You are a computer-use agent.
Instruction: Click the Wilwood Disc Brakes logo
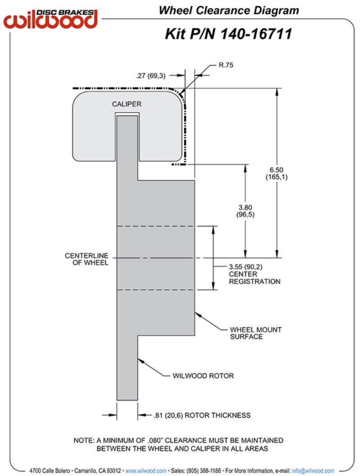(x=50, y=19)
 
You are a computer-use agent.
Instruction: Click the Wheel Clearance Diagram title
(x=229, y=11)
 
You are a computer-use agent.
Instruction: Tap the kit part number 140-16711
(x=256, y=34)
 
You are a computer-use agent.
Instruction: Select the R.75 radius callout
(x=226, y=65)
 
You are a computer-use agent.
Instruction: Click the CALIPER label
(x=126, y=104)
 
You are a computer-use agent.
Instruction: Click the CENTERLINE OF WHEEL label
(x=86, y=259)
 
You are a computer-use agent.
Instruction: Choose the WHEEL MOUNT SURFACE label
(x=256, y=333)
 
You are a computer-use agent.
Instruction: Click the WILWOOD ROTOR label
(x=203, y=376)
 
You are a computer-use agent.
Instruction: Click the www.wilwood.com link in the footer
(x=146, y=471)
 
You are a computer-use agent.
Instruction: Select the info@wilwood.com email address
(x=313, y=471)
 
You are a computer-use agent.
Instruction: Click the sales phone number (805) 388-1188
(x=203, y=471)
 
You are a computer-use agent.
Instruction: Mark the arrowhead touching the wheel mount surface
(x=198, y=315)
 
